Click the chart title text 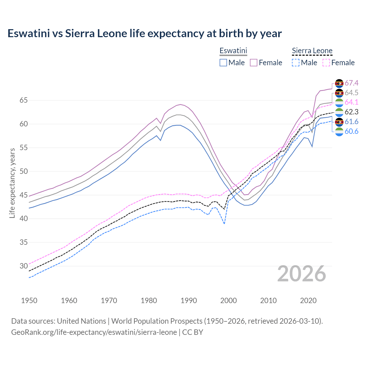click(x=144, y=33)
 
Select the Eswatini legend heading click(x=233, y=51)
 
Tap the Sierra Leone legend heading click(x=312, y=51)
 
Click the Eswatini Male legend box click(x=223, y=63)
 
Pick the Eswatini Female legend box click(x=254, y=63)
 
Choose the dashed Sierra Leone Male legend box click(x=296, y=63)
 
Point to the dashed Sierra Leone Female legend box click(x=326, y=63)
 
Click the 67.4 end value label click(x=351, y=83)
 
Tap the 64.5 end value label click(x=351, y=93)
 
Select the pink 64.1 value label click(x=351, y=102)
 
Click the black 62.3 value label click(x=351, y=112)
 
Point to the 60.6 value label click(x=351, y=131)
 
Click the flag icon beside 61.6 click(x=339, y=122)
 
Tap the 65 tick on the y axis click(x=23, y=100)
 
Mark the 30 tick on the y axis click(x=23, y=266)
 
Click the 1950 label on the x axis click(x=29, y=301)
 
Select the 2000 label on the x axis click(x=228, y=301)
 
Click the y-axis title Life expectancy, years click(x=12, y=183)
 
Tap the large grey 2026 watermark click(x=302, y=274)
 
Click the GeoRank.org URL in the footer click(x=94, y=332)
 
